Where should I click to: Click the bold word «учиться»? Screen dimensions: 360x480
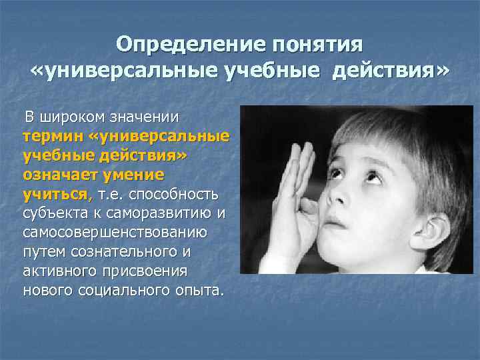pos(55,195)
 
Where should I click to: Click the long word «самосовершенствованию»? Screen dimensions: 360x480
pos(115,233)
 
